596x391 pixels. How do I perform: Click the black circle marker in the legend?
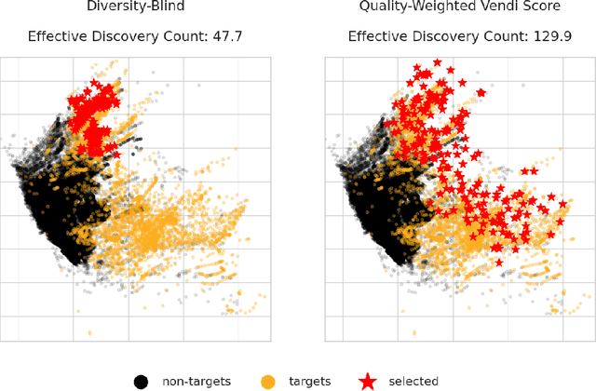142,380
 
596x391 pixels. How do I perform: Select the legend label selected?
412,381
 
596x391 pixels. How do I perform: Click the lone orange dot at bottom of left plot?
88,332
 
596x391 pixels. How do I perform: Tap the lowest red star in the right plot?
499,263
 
